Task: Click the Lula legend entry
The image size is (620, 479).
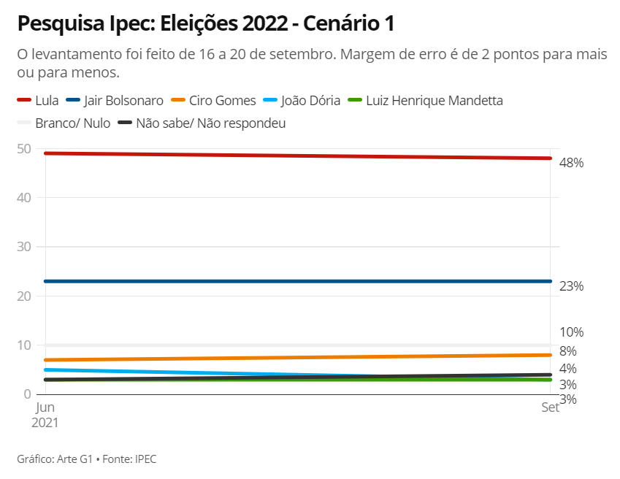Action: (x=37, y=101)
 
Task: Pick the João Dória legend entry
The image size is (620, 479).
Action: (x=301, y=101)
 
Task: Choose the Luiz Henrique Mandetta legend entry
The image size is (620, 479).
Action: (x=425, y=101)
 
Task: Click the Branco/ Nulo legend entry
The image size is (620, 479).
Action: (x=64, y=123)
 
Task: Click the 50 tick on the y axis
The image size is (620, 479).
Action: (x=23, y=149)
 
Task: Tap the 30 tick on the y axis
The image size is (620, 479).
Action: (x=23, y=247)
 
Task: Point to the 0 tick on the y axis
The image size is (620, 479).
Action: (x=28, y=394)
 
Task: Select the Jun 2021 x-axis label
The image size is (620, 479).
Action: (x=46, y=415)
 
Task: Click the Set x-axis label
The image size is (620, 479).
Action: (x=550, y=407)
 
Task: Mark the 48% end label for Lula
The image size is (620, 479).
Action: (x=571, y=163)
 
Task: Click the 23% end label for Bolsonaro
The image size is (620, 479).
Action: (x=571, y=286)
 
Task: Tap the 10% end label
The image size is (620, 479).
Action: (x=571, y=332)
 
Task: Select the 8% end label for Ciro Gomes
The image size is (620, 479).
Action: (x=568, y=351)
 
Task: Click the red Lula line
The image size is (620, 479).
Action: (x=292, y=156)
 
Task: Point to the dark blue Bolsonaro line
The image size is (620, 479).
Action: (x=292, y=281)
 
